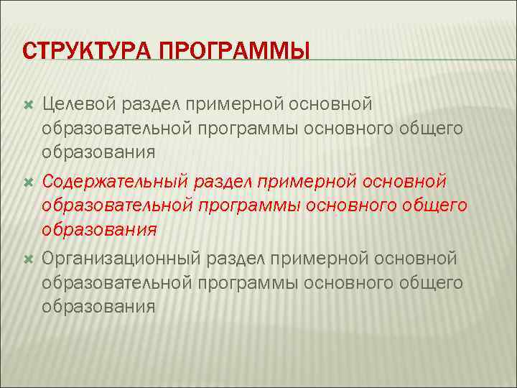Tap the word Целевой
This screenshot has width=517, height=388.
click(x=80, y=105)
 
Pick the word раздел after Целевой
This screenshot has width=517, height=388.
click(x=152, y=105)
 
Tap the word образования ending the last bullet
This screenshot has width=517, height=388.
click(x=98, y=307)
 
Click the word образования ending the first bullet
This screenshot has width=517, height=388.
click(x=98, y=153)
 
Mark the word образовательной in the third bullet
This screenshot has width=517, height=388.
click(x=116, y=283)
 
